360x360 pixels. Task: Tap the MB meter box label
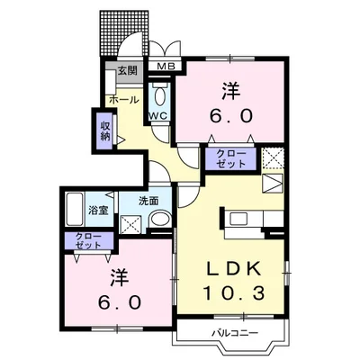point(166,67)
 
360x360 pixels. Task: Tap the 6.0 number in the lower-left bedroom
point(115,302)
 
